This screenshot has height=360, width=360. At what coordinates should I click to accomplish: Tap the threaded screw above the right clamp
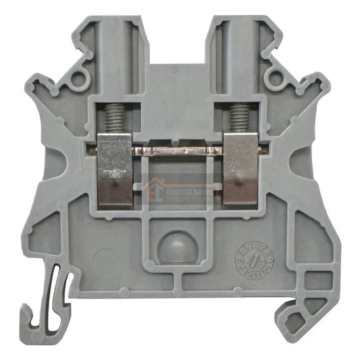(x=237, y=120)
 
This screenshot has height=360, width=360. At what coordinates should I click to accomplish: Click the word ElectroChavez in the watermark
(x=189, y=192)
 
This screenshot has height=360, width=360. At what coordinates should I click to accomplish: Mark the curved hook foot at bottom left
(x=41, y=311)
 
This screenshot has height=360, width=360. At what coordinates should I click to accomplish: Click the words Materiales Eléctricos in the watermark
(x=189, y=200)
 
